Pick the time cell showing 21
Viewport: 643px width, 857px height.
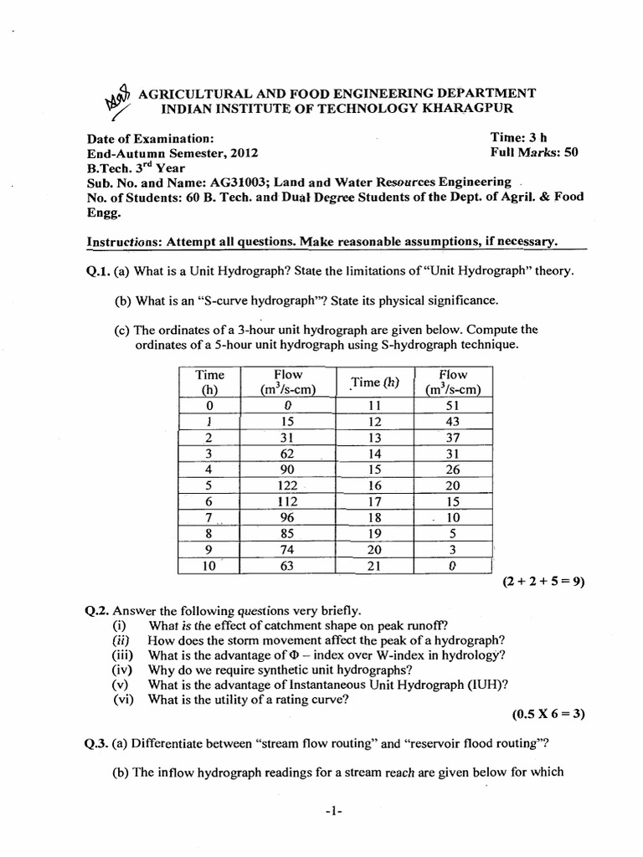pos(374,565)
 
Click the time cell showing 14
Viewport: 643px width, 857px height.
pos(374,454)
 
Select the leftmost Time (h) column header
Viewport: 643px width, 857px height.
pos(209,382)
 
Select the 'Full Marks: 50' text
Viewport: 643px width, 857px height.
pos(534,152)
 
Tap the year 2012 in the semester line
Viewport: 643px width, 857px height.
pos(243,153)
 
